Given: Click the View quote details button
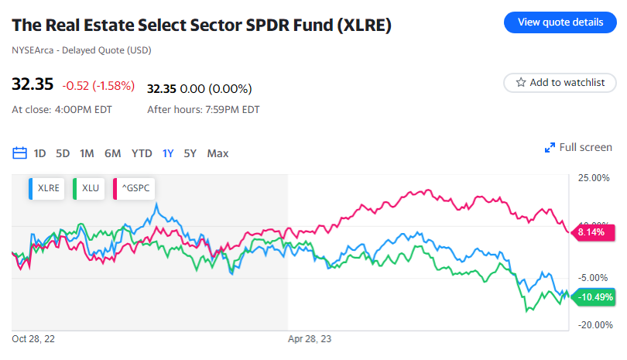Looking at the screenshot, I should (560, 22).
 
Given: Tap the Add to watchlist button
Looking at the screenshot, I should (560, 82).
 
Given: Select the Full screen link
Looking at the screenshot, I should (578, 147).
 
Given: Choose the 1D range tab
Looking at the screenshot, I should (40, 153).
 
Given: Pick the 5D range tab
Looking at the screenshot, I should (63, 153).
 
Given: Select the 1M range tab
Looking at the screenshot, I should (87, 153).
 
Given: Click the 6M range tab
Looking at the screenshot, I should (112, 153).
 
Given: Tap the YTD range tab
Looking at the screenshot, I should (142, 153).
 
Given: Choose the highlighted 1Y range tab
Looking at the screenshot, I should (168, 153).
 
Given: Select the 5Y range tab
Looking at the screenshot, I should (190, 153).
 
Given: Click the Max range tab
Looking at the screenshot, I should (218, 153).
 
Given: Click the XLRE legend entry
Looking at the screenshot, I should (46, 188).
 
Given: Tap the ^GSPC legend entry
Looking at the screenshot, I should (132, 188).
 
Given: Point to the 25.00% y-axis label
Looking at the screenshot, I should (594, 179).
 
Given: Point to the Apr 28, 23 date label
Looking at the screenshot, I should (310, 339).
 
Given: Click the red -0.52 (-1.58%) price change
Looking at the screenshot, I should (98, 86).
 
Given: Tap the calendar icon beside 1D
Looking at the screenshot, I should (20, 153).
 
